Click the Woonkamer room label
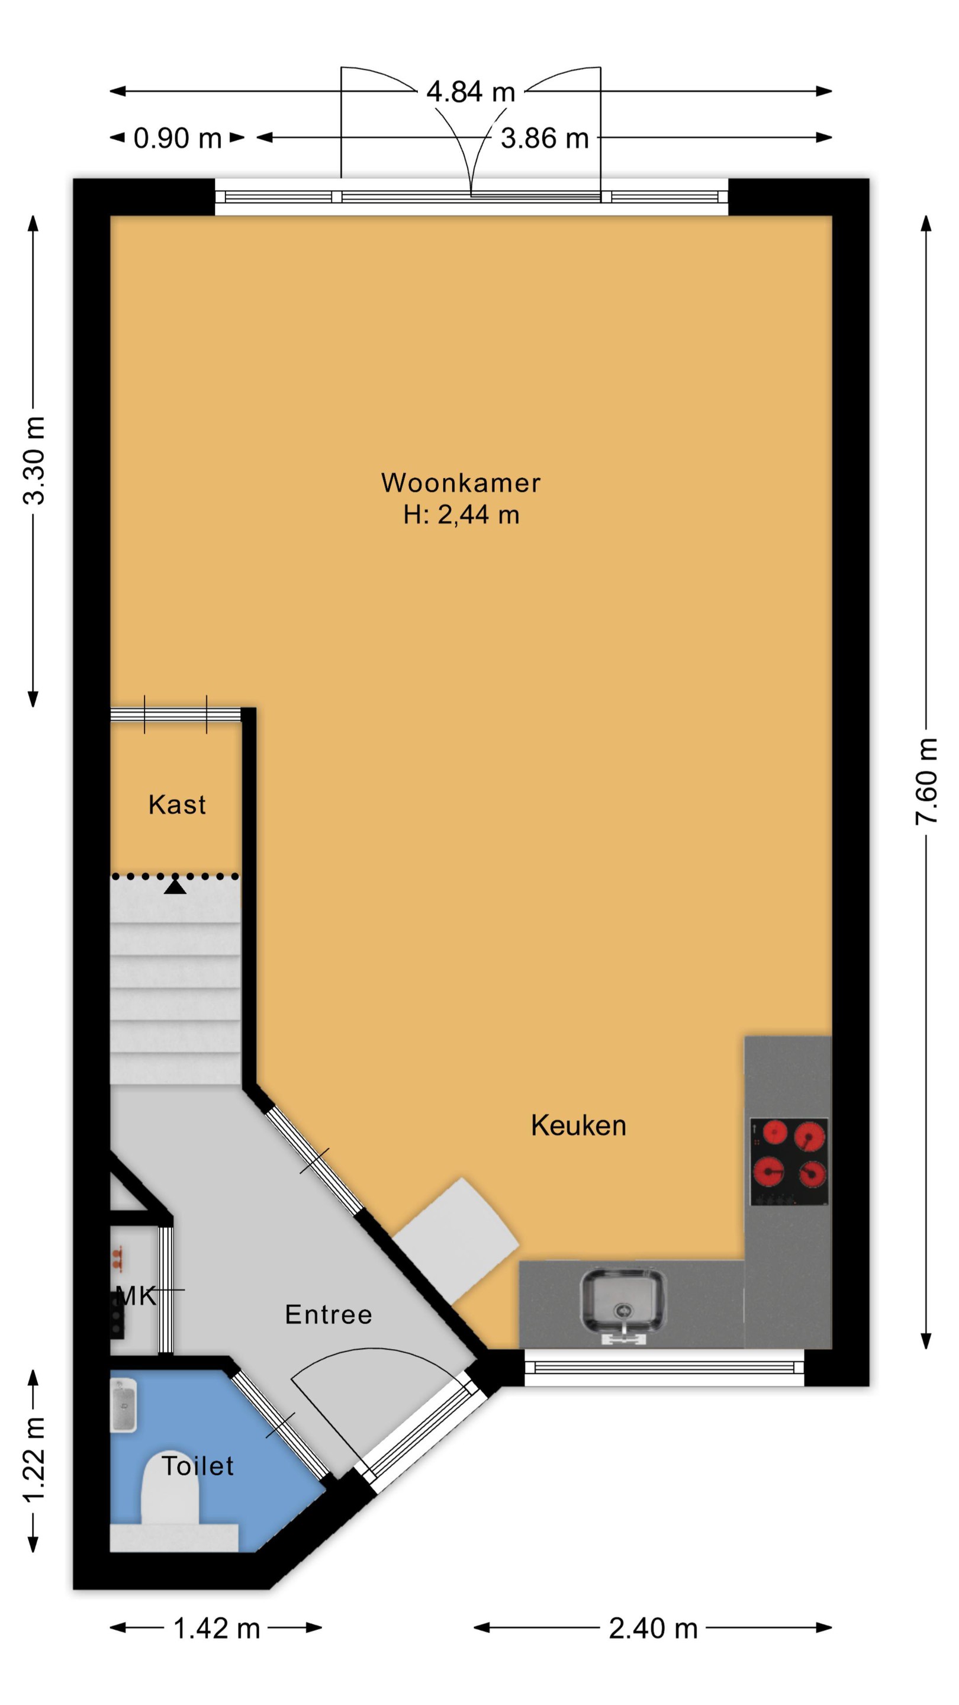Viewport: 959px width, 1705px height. click(461, 482)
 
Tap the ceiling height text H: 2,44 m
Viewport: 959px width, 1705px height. click(461, 514)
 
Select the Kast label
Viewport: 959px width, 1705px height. click(177, 804)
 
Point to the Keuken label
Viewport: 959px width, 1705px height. click(578, 1125)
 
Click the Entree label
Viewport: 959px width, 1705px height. click(329, 1314)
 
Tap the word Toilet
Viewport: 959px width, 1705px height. click(197, 1465)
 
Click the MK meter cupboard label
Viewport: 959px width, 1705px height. click(136, 1296)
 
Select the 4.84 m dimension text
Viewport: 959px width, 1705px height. click(471, 91)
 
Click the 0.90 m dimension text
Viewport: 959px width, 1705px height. click(178, 138)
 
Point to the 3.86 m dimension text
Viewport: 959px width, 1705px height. click(545, 139)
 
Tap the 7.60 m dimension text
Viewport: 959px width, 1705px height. click(926, 781)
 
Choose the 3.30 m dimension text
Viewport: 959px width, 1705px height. click(34, 461)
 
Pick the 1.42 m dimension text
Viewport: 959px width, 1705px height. click(217, 1627)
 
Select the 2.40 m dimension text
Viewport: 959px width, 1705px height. click(653, 1627)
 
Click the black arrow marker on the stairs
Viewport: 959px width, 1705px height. click(175, 886)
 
